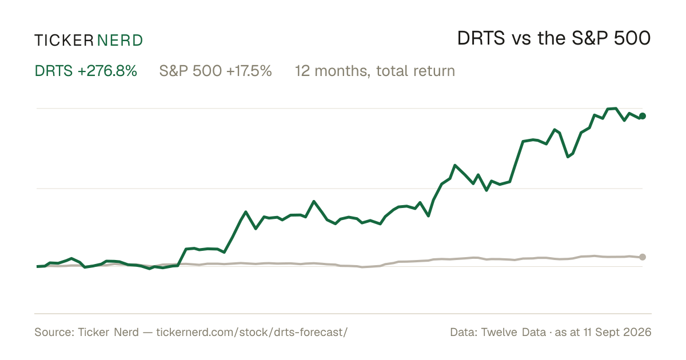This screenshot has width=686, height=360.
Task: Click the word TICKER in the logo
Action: click(64, 41)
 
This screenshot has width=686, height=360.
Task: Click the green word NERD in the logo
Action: click(120, 41)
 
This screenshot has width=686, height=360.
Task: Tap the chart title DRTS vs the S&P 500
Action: click(554, 38)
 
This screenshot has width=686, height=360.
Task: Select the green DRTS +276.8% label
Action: click(86, 71)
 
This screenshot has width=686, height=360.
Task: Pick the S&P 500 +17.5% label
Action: click(216, 71)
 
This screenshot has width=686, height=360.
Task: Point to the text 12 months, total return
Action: click(375, 71)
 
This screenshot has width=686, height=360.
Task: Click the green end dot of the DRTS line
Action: click(643, 116)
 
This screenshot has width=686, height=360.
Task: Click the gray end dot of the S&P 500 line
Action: click(643, 257)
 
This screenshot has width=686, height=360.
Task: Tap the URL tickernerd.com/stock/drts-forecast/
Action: click(252, 332)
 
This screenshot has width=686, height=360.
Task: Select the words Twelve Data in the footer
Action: click(513, 332)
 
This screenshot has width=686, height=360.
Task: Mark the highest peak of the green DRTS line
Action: click(616, 108)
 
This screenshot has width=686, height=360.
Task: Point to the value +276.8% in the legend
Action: click(107, 71)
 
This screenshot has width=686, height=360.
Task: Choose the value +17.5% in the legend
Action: click(249, 71)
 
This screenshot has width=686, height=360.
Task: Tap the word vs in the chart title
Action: click(521, 40)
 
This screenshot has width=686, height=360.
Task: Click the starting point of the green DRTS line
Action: click(37, 267)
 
